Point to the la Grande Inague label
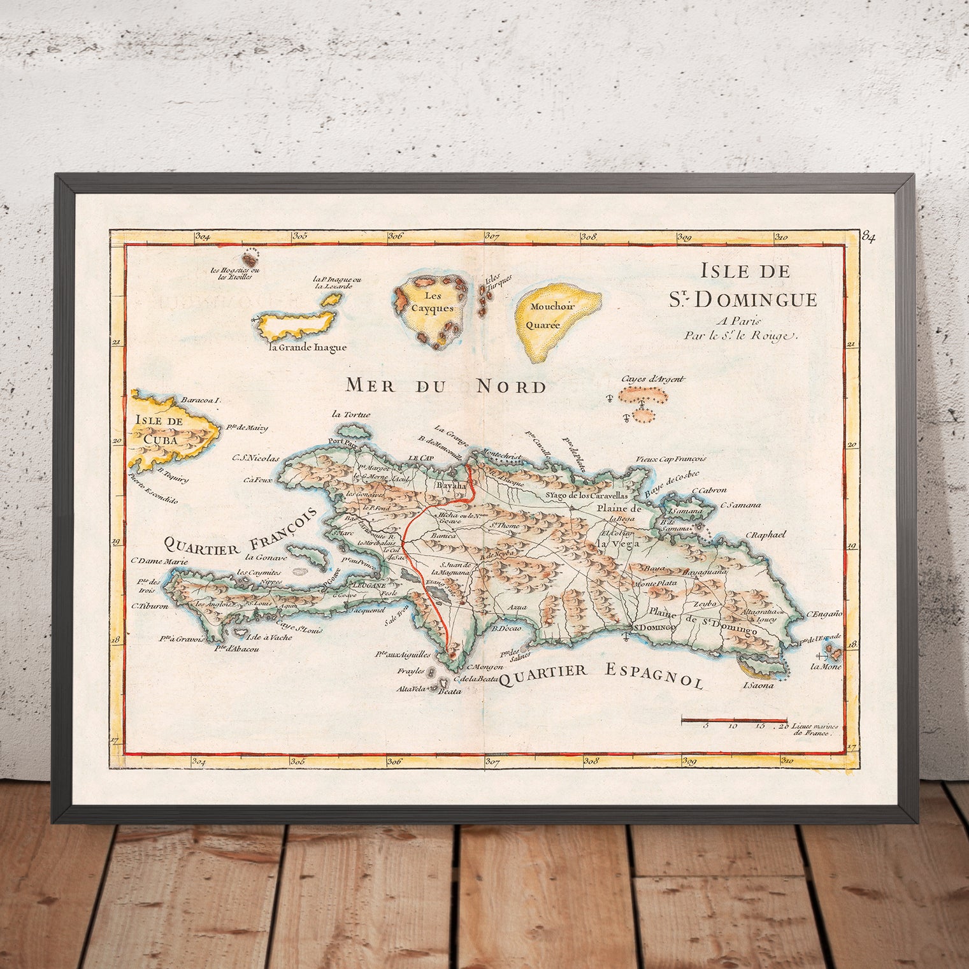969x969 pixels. pos(308,348)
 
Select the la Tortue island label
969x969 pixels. pos(351,415)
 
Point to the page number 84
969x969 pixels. pos(868,237)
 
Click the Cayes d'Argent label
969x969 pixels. pos(653,380)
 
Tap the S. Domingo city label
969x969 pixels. pos(650,628)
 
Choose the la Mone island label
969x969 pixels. pos(826,667)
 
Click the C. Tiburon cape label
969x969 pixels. pos(150,607)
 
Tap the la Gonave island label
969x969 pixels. pos(266,557)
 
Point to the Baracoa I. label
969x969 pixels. pos(200,401)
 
